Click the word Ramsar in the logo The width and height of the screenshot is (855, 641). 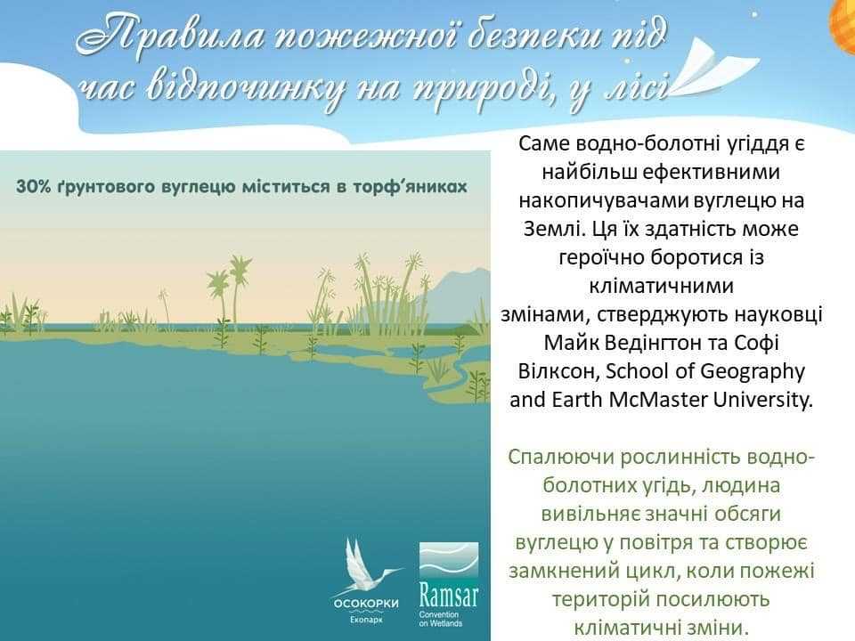(448, 595)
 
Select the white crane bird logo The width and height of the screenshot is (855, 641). (367, 566)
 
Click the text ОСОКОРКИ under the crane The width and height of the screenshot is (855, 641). (366, 604)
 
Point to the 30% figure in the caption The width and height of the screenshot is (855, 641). (34, 186)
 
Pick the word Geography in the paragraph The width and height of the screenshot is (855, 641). (753, 372)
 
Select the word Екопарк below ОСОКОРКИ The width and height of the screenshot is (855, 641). (366, 620)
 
